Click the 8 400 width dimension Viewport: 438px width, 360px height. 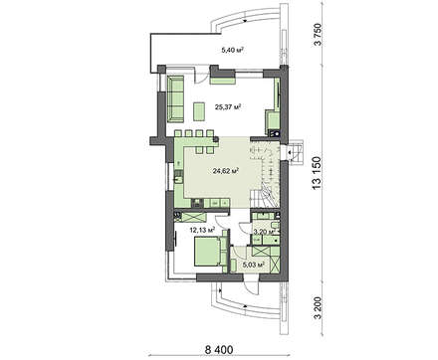219,349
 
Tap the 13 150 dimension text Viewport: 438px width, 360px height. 317,173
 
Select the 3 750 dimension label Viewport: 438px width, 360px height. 318,35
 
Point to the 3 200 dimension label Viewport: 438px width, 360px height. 318,308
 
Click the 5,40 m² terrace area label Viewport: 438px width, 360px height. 233,51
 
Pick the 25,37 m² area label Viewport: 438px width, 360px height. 227,107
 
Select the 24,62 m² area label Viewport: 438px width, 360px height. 226,171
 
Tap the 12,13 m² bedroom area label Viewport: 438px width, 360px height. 202,229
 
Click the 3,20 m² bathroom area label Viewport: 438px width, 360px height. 265,232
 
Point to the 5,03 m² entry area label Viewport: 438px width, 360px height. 254,265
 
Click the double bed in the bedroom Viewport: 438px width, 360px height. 206,252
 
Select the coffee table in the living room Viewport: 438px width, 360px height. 199,111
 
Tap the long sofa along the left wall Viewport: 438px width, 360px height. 176,98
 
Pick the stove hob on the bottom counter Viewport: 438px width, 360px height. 198,203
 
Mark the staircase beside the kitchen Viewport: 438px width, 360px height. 266,174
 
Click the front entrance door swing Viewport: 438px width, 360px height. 252,286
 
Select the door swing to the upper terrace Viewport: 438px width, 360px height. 200,76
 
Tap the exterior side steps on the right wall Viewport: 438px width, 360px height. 296,153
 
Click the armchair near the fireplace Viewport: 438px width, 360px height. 272,120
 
